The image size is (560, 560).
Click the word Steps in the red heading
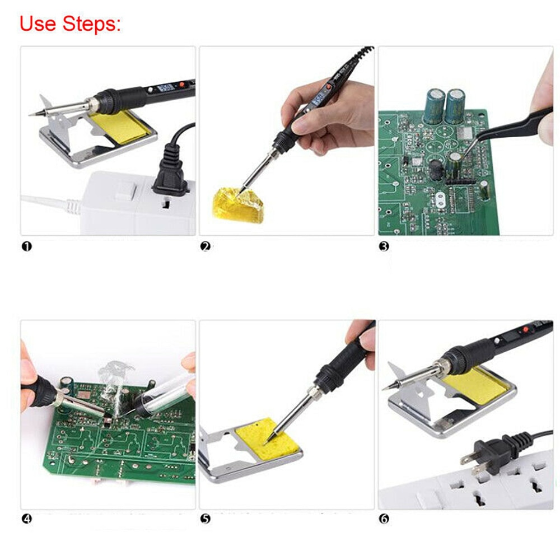click(x=90, y=24)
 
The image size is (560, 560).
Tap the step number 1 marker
click(x=26, y=246)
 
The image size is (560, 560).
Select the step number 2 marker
click(x=205, y=246)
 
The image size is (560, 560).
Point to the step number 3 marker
click(x=384, y=246)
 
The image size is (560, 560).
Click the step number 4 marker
click(x=26, y=519)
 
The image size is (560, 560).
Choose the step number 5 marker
click(x=205, y=519)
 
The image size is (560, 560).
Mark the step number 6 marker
click(x=384, y=519)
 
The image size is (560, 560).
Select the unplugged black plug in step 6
click(x=493, y=451)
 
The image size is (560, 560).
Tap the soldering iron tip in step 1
click(x=34, y=114)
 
